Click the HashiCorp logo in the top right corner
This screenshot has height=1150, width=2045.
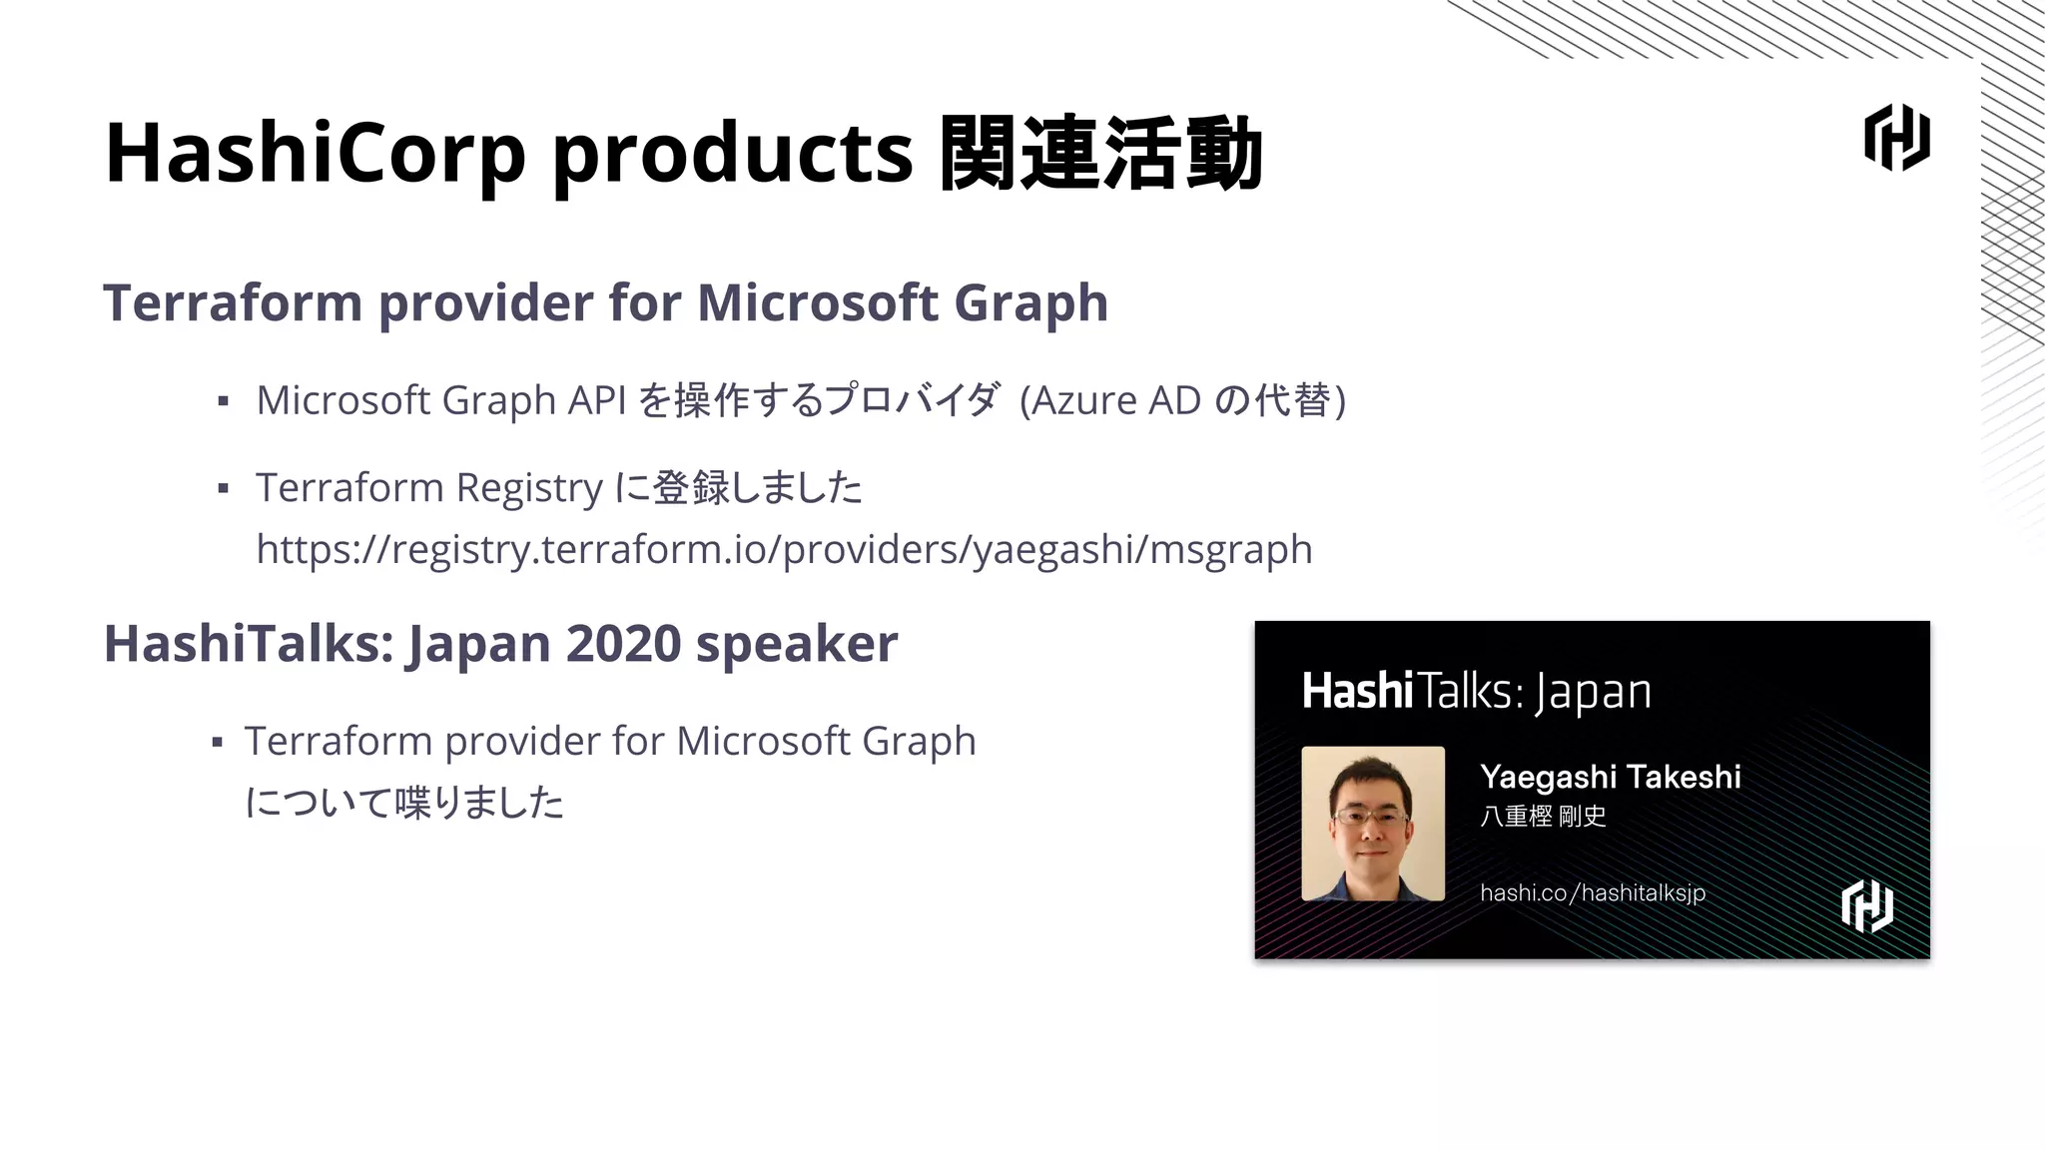[1896, 138]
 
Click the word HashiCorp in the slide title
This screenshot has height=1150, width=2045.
[315, 154]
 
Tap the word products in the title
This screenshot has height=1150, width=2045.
[732, 154]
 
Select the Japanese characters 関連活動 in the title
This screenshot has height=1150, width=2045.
[1101, 154]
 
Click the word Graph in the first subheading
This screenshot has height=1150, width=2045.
[1030, 302]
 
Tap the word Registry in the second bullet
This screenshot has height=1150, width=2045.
[529, 488]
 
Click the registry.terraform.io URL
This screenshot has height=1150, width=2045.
[784, 549]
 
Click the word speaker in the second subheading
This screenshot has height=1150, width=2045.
[796, 644]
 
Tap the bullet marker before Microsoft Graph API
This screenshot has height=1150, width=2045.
[224, 401]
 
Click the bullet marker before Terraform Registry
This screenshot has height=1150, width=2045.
[224, 489]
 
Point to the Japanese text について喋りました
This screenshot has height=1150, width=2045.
[404, 802]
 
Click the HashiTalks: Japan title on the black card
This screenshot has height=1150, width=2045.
[1476, 692]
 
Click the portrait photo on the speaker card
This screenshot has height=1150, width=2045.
[1373, 824]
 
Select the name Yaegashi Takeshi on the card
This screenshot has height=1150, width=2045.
[1610, 777]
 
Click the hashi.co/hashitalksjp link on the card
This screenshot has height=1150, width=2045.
[1592, 892]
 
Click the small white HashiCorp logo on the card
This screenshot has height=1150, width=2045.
[1866, 906]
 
